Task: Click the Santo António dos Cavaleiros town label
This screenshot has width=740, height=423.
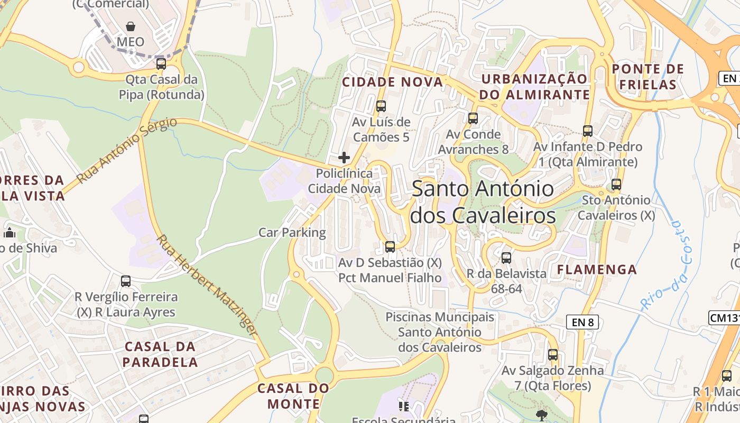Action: [483, 202]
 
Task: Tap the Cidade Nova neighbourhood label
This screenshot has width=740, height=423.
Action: [392, 82]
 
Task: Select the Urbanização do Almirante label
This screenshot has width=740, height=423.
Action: [534, 87]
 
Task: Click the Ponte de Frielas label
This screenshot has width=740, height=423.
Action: [647, 77]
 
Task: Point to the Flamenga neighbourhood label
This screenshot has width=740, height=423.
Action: [597, 270]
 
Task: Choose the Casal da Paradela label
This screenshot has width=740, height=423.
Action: [160, 354]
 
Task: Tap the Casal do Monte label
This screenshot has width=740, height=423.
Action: [293, 396]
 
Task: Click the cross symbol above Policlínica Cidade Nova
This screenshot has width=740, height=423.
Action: [344, 158]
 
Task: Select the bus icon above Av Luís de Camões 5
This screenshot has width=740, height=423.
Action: [381, 106]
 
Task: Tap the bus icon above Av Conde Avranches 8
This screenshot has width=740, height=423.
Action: [473, 118]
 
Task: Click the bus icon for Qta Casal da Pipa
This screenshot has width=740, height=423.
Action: [161, 64]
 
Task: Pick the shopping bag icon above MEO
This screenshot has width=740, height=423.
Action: [131, 26]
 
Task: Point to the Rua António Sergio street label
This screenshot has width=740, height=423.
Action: [127, 151]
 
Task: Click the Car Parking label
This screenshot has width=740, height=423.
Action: [292, 232]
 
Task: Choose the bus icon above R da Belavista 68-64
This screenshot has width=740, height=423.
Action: [506, 258]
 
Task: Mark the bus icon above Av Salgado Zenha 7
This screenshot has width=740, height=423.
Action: [553, 355]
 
